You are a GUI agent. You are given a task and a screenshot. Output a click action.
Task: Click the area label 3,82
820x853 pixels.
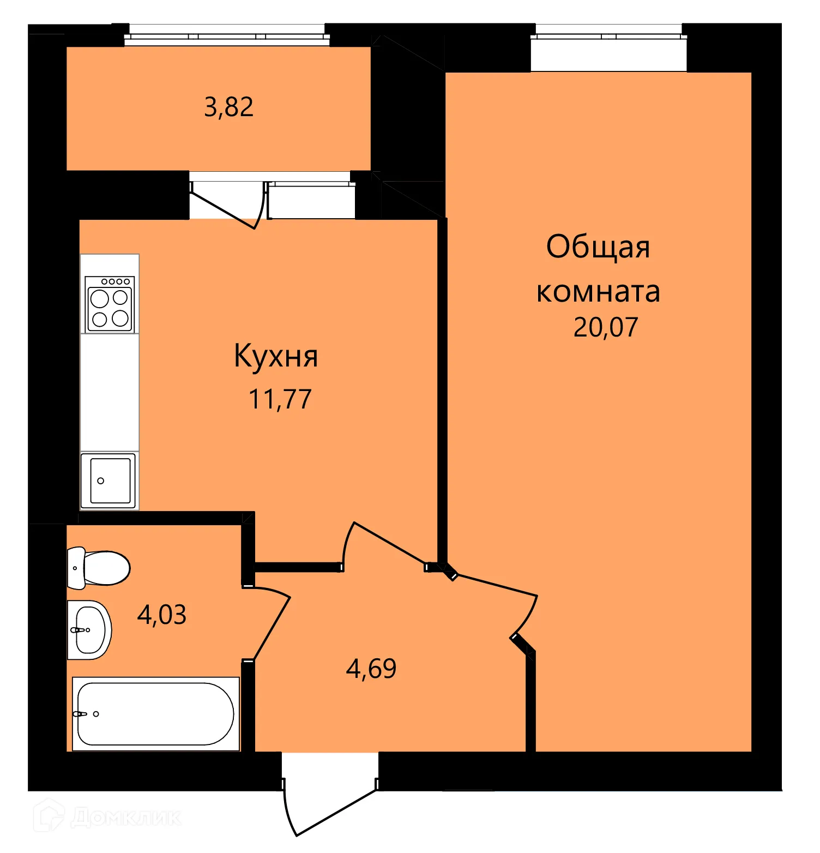[228, 107]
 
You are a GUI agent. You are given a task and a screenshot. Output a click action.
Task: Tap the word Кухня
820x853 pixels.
[276, 357]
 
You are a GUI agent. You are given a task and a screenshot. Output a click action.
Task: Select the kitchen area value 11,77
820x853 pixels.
[280, 399]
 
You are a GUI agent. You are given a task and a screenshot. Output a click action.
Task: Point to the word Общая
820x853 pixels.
[598, 247]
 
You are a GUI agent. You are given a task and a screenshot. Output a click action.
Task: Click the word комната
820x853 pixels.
[598, 292]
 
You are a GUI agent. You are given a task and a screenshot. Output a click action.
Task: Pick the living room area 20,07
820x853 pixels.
[605, 327]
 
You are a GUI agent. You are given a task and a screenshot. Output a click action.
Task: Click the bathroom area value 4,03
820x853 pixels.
[161, 615]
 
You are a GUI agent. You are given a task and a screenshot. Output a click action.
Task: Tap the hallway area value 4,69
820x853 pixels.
[371, 669]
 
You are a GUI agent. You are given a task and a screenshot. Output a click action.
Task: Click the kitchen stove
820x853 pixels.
[110, 304]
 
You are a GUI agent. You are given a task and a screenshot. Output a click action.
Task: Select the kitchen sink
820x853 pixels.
[110, 480]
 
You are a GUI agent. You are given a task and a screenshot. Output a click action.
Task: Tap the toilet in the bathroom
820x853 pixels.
[99, 568]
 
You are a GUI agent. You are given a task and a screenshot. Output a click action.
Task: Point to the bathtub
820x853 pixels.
[156, 714]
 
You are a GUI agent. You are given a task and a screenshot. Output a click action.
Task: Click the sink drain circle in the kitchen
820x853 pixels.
[100, 480]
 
